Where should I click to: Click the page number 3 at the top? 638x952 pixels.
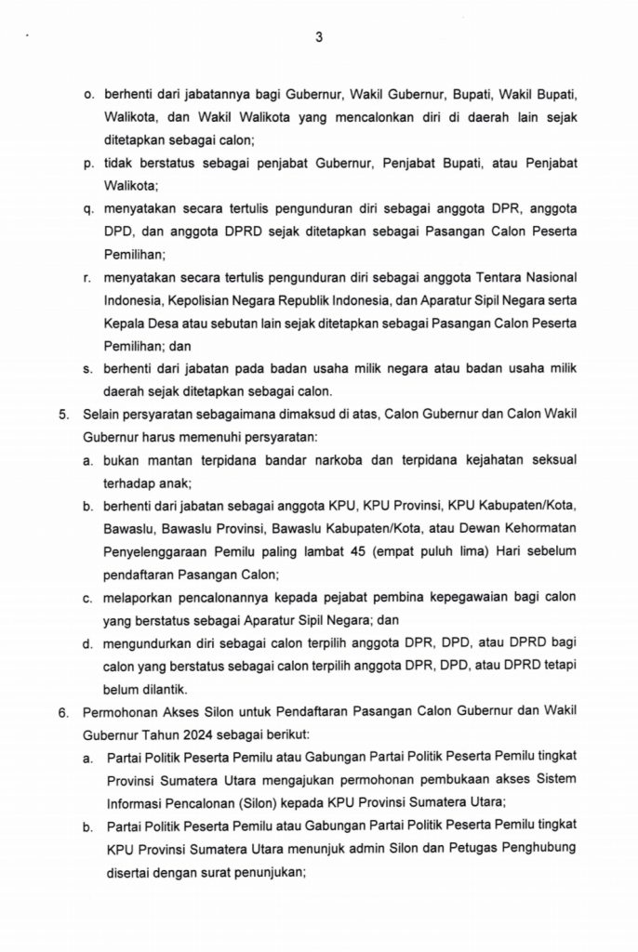pyautogui.click(x=319, y=37)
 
